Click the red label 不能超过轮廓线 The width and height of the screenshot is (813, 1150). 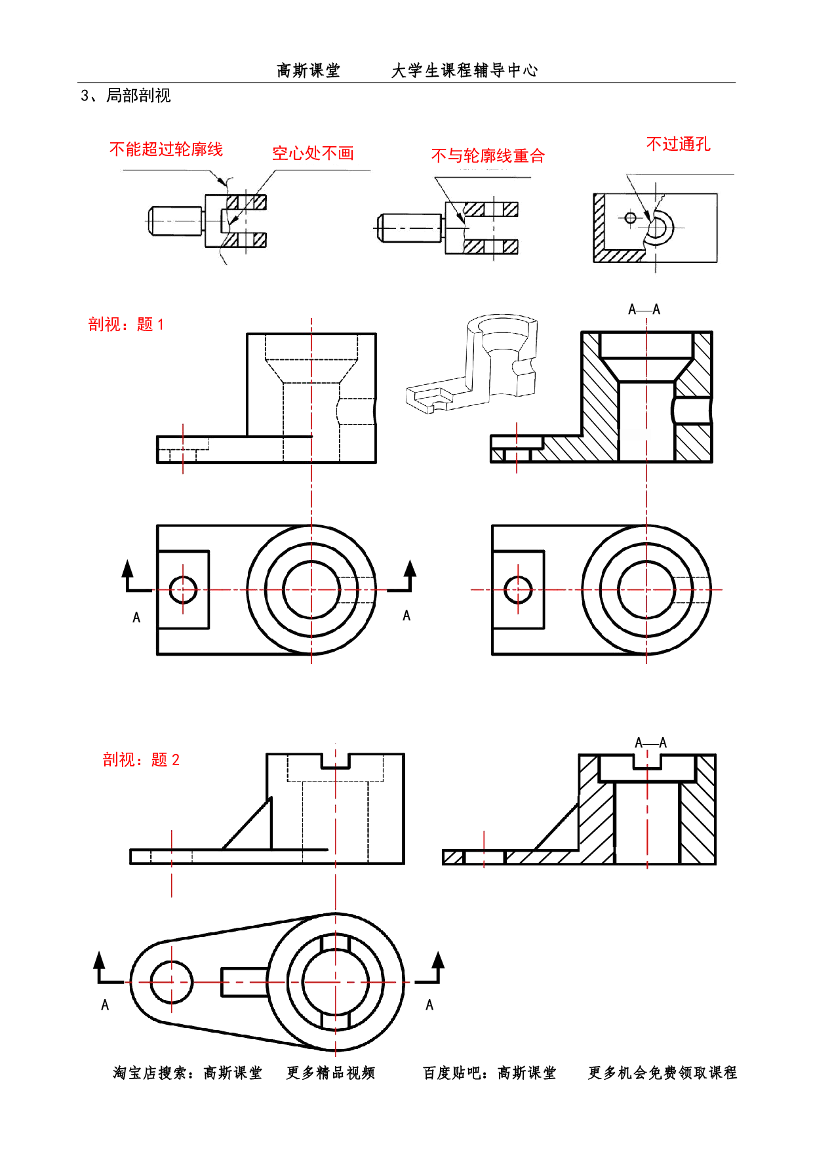(x=166, y=149)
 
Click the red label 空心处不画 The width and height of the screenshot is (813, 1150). (x=313, y=153)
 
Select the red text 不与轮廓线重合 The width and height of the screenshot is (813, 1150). (x=488, y=156)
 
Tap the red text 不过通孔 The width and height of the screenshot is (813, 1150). (x=678, y=144)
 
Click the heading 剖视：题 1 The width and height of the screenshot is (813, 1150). (x=126, y=325)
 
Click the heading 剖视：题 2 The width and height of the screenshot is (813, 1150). (x=141, y=760)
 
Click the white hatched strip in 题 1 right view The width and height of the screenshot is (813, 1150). (x=616, y=435)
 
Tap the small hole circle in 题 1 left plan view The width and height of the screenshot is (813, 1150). (x=183, y=589)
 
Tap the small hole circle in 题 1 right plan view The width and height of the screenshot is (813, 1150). (x=518, y=589)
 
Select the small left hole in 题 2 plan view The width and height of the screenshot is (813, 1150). (x=172, y=982)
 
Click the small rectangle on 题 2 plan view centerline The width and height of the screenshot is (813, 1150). (x=244, y=982)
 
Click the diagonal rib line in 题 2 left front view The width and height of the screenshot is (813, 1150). (x=247, y=823)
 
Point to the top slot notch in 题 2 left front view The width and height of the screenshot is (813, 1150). (x=336, y=763)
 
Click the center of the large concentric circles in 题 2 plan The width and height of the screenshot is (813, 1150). (x=336, y=982)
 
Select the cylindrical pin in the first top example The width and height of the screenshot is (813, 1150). (x=174, y=222)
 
